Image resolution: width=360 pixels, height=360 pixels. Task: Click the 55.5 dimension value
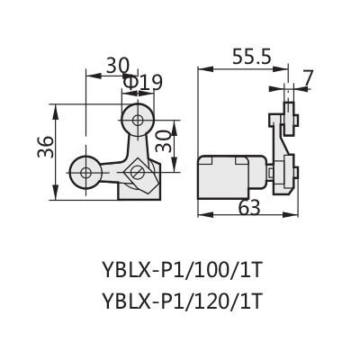click(x=252, y=58)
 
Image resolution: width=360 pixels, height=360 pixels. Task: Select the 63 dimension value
click(x=249, y=208)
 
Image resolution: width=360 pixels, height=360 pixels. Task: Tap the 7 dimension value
click(x=307, y=78)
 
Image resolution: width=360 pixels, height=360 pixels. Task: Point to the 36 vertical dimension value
click(x=46, y=147)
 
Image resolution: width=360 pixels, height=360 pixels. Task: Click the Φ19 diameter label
click(x=142, y=83)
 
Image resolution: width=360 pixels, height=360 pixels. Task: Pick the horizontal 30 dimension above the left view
click(x=118, y=66)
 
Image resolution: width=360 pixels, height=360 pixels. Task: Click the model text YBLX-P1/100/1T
click(x=183, y=270)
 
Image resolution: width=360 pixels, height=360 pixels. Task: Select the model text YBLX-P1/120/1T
click(x=183, y=301)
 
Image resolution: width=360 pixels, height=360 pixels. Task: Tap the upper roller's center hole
click(x=138, y=121)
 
